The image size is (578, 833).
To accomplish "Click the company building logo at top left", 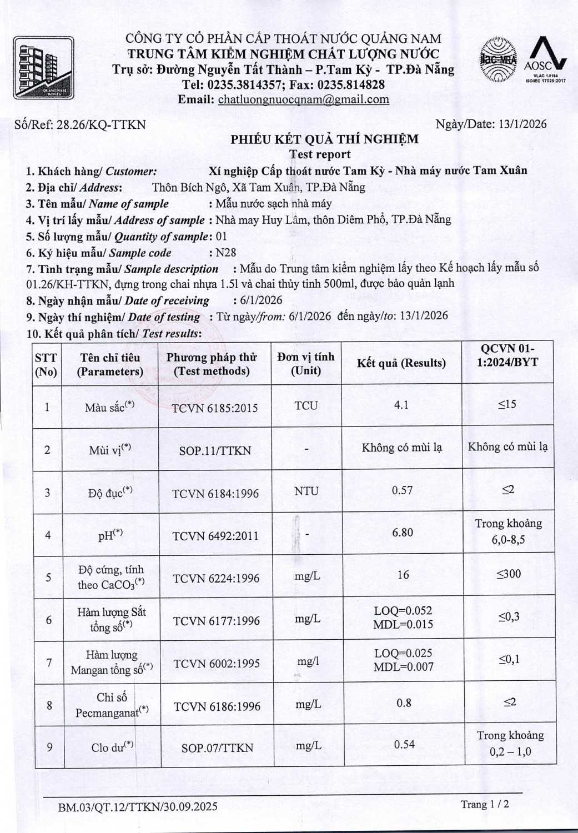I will pyautogui.click(x=43, y=68).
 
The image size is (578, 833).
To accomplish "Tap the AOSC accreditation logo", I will pyautogui.click(x=545, y=60).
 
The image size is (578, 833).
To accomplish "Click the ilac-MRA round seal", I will pyautogui.click(x=498, y=59).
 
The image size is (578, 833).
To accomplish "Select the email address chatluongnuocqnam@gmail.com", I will pyautogui.click(x=303, y=100).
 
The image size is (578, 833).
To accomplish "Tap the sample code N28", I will pyautogui.click(x=226, y=253).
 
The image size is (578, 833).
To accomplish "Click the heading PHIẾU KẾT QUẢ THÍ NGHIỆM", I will pyautogui.click(x=325, y=139).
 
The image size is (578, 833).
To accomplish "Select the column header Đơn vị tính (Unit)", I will pyautogui.click(x=306, y=363).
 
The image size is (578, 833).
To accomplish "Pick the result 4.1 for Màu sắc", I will pyautogui.click(x=401, y=405).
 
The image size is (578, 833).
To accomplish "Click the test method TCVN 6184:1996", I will pyautogui.click(x=215, y=493).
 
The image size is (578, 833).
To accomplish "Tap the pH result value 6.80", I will pyautogui.click(x=403, y=533).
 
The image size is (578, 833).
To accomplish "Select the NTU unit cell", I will pyautogui.click(x=306, y=491).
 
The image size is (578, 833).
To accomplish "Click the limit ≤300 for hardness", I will pyautogui.click(x=509, y=574).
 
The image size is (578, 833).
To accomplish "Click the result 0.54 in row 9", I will pyautogui.click(x=404, y=744).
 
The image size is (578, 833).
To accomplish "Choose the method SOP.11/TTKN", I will pyautogui.click(x=215, y=450).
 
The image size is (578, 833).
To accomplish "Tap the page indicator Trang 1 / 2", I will pyautogui.click(x=485, y=804).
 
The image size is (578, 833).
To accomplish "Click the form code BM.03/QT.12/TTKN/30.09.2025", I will pyautogui.click(x=138, y=806).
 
